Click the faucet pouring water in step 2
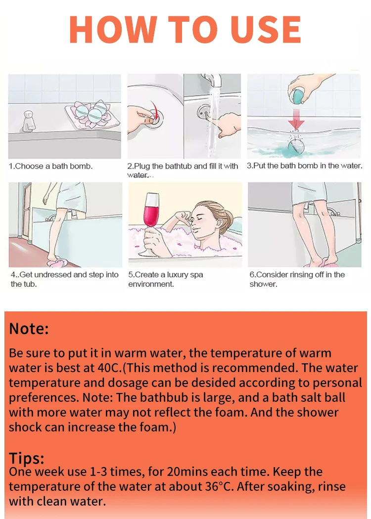click(212, 81)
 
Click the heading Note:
click(29, 329)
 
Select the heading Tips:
click(27, 458)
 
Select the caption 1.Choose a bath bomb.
click(50, 166)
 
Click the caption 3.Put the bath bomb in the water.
click(304, 166)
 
